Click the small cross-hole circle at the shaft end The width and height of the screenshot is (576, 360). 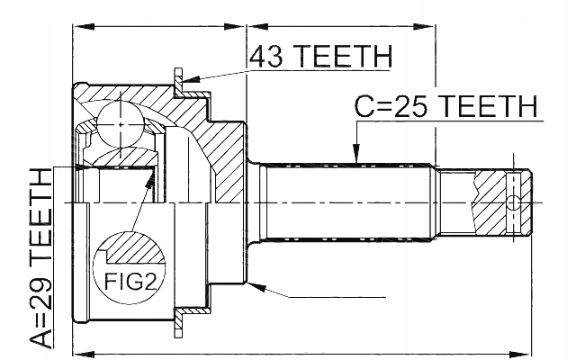tap(514, 202)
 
